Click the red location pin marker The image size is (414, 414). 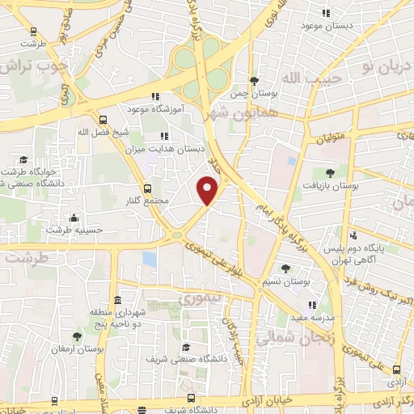(x=208, y=192)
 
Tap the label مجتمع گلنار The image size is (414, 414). (x=146, y=201)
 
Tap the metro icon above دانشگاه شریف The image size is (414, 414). (x=192, y=397)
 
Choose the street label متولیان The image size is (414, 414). (x=330, y=137)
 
